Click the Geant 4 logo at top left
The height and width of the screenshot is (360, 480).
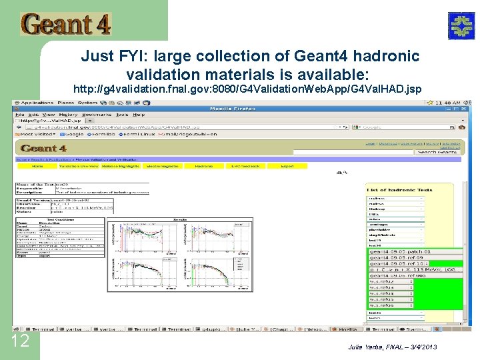pos(65,24)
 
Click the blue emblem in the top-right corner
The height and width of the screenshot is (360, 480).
pos(459,25)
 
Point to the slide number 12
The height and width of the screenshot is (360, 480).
pos(21,341)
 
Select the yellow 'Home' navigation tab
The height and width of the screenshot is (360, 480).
pos(37,166)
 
